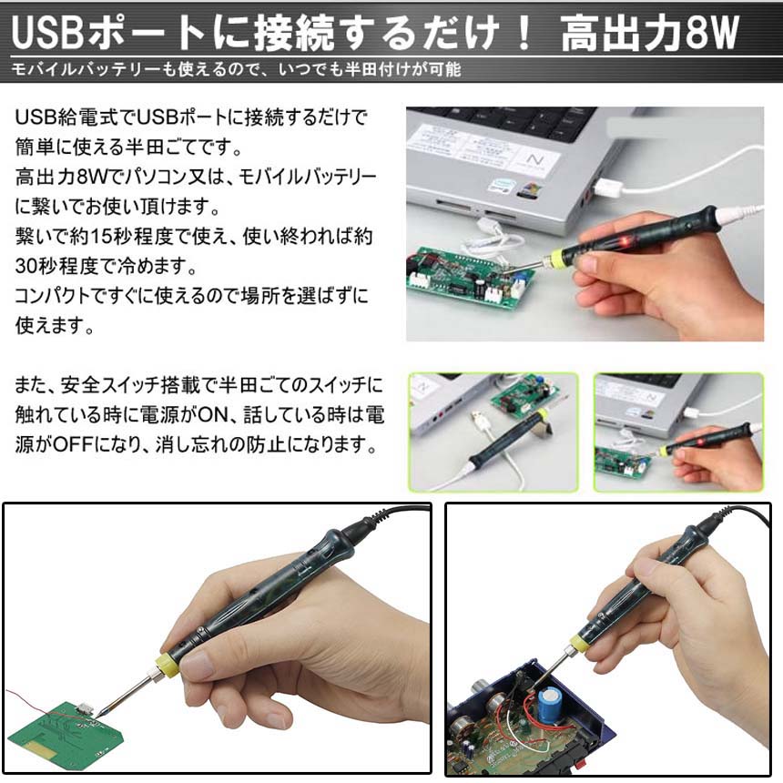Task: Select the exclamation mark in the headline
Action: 524,33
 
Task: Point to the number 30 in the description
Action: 26,266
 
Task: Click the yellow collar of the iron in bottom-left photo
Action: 168,666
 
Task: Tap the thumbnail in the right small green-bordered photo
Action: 678,432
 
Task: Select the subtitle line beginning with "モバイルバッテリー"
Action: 236,69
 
